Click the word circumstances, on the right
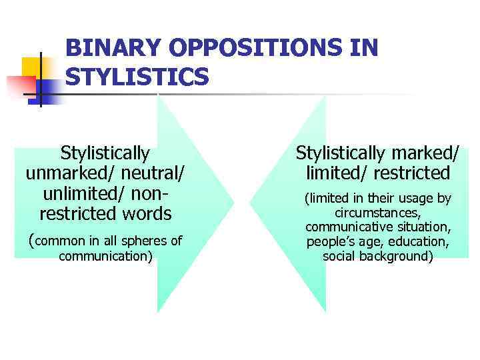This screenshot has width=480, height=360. click(377, 213)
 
